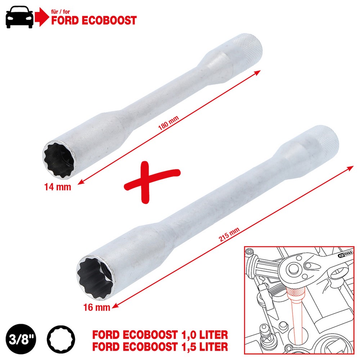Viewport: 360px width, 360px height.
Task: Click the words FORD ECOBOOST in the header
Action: [x=94, y=21]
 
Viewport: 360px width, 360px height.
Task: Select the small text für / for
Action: [x=60, y=12]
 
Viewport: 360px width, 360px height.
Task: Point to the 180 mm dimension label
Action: [x=168, y=123]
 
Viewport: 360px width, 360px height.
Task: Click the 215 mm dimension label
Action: [x=229, y=234]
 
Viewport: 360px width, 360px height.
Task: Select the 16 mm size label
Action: [x=96, y=307]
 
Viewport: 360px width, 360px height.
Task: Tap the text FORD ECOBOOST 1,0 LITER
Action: [x=160, y=335]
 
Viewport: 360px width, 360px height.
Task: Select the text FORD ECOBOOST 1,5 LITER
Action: [x=160, y=346]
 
